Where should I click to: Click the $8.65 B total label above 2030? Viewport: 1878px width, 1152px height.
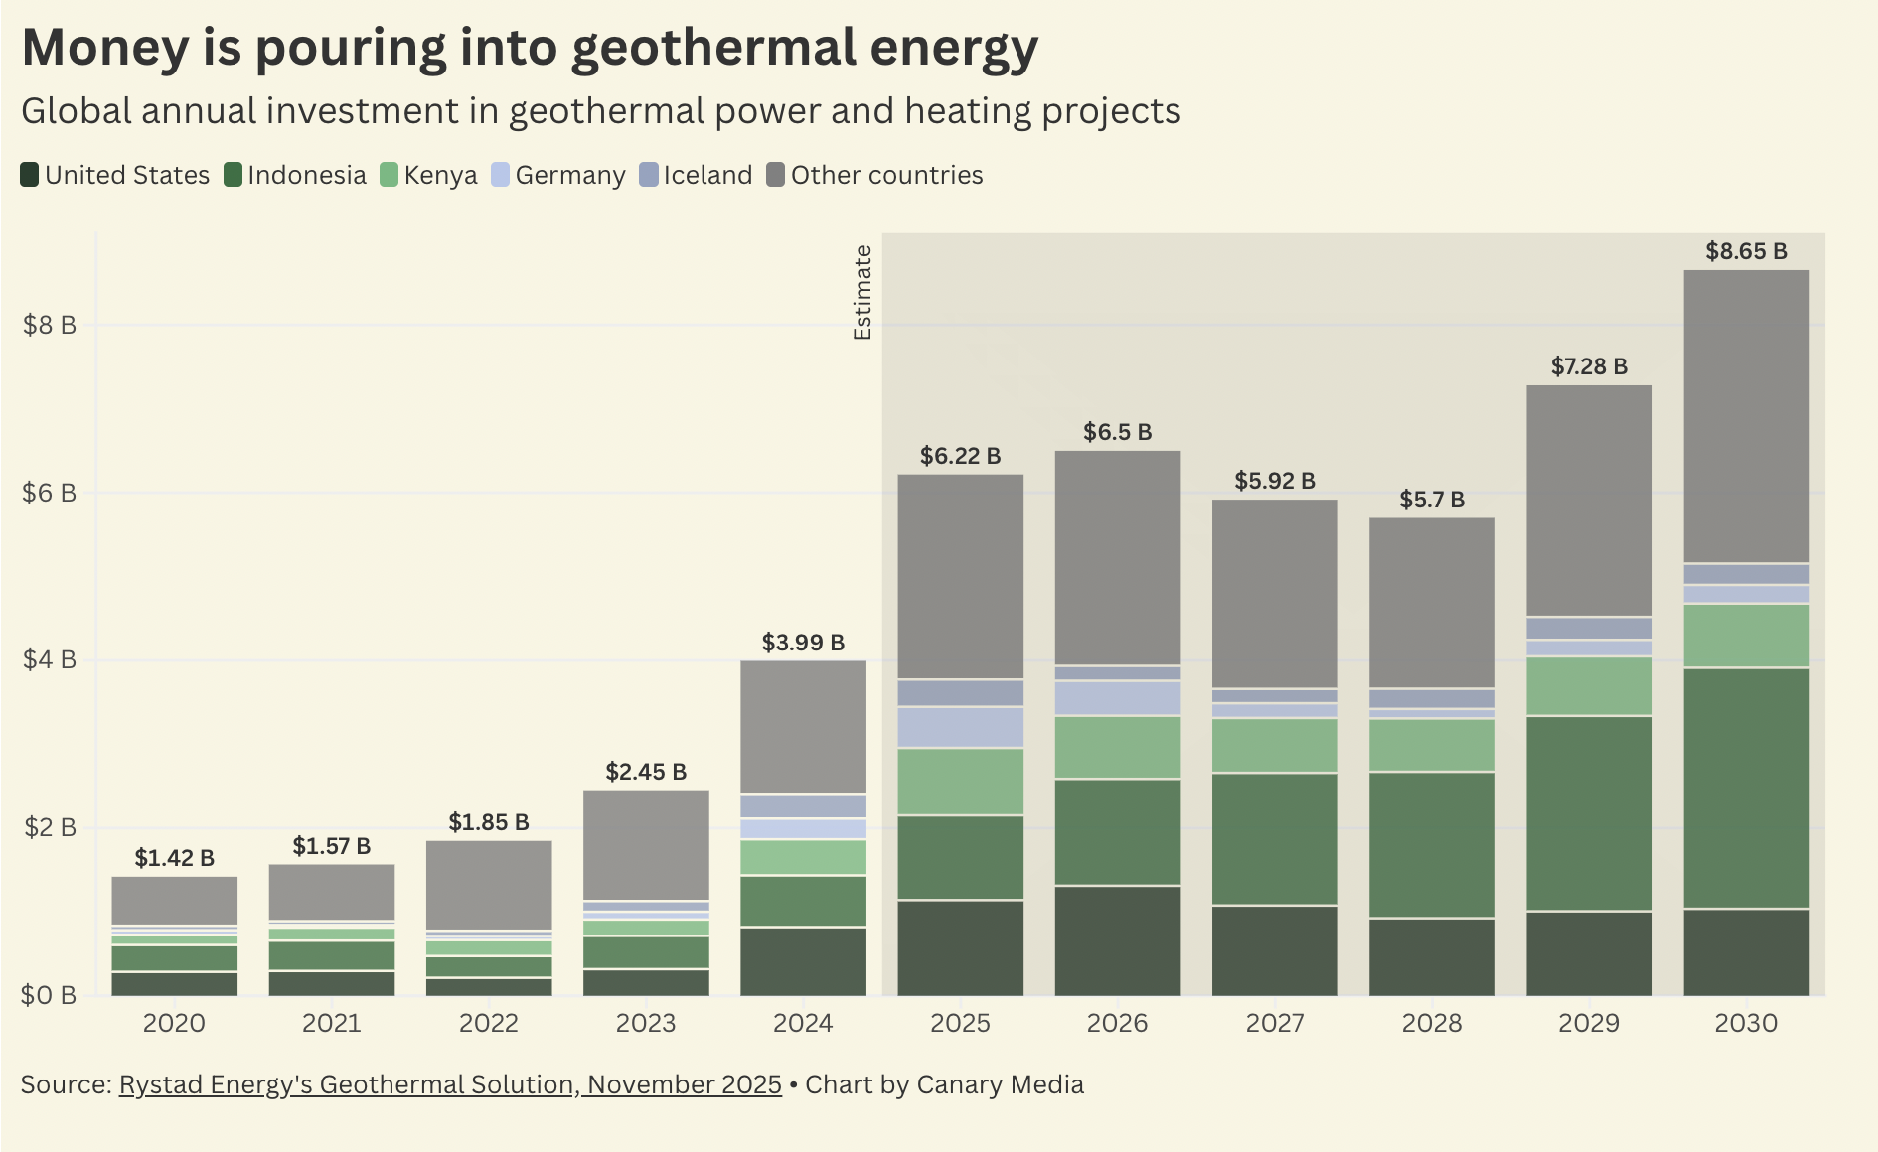(1746, 251)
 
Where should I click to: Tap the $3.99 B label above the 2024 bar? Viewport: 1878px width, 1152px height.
(803, 643)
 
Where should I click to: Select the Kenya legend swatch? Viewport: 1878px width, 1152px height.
(389, 175)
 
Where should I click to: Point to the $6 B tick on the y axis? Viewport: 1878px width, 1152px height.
(49, 493)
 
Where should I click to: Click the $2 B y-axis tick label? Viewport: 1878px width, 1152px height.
(49, 827)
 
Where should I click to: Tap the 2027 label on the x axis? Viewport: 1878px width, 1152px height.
(1275, 1023)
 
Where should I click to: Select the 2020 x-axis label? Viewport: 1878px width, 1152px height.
(174, 1023)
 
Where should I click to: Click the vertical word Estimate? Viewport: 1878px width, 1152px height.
(862, 293)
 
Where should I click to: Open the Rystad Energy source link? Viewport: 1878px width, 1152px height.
(450, 1084)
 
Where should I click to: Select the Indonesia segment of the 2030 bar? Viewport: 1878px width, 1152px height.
(1746, 788)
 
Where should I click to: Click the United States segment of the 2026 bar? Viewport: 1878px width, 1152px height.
(1118, 940)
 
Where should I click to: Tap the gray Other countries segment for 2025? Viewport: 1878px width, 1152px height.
(960, 576)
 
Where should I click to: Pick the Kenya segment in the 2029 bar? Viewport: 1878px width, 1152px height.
(1589, 685)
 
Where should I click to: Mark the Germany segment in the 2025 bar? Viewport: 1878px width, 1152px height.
(960, 727)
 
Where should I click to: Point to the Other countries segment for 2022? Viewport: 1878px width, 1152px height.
(489, 885)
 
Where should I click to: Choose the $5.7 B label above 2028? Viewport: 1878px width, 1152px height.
(1432, 500)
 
